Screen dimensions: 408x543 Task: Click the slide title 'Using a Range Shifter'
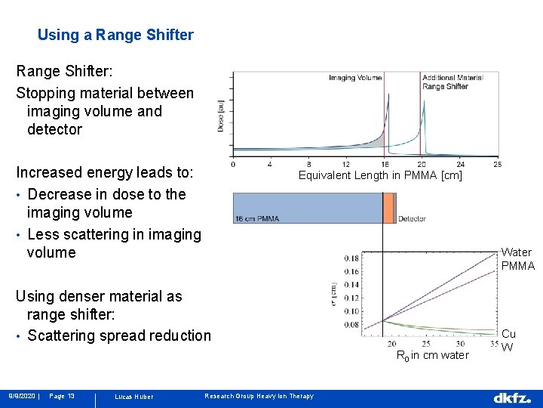[x=115, y=35]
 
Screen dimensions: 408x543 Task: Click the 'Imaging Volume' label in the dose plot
[x=354, y=78]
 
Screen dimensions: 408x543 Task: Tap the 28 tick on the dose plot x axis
[x=498, y=164]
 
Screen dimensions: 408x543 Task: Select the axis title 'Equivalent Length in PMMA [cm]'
[x=380, y=176]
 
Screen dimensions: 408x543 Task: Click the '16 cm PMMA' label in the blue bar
[x=257, y=219]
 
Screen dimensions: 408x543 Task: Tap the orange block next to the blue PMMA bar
[x=388, y=208]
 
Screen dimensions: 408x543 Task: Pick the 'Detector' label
[x=412, y=219]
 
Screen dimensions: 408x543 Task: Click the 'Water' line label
[x=517, y=252]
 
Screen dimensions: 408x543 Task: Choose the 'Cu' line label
[x=509, y=333]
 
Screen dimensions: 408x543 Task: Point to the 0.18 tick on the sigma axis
[x=351, y=258]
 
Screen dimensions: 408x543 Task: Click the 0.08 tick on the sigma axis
[x=351, y=325]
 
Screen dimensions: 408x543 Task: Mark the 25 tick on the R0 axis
[x=426, y=344]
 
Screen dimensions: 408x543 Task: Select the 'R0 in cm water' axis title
[x=432, y=356]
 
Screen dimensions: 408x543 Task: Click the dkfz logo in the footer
[x=511, y=397]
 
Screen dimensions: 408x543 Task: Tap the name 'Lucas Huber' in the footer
[x=133, y=397]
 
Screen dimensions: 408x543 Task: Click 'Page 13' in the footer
[x=62, y=397]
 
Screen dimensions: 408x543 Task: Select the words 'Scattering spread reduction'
[x=119, y=335]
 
